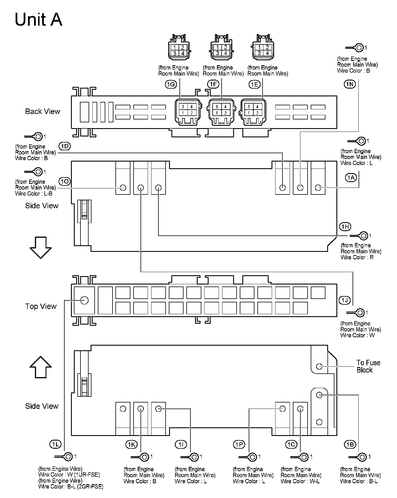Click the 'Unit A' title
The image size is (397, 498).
(x=38, y=20)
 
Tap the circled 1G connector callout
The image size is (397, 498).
(x=171, y=84)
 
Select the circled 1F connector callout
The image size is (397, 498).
(x=213, y=84)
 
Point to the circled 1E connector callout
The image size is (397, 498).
(x=254, y=84)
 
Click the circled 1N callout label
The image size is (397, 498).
(x=350, y=84)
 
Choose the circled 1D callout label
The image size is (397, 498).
(x=65, y=146)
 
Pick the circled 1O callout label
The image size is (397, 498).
(x=65, y=181)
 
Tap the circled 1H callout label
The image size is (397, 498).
(x=345, y=227)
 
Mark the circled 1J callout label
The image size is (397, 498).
(x=344, y=300)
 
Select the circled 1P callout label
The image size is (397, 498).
(x=239, y=445)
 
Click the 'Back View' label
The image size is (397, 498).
(x=43, y=111)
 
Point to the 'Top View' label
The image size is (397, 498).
(x=41, y=306)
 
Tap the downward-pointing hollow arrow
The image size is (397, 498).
(x=41, y=248)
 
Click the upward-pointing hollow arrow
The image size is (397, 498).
(x=41, y=367)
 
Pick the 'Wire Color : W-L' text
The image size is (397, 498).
(x=300, y=481)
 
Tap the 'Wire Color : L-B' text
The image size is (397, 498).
(x=34, y=194)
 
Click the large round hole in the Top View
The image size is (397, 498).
(x=84, y=300)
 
